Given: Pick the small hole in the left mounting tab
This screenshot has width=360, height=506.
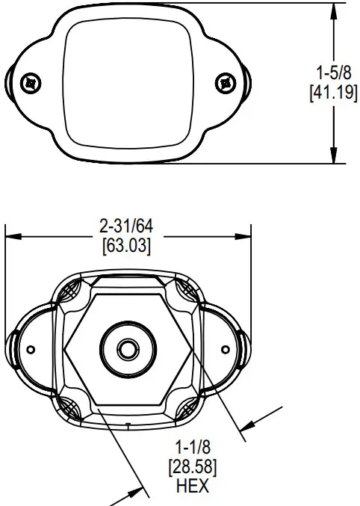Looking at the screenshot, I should [x=31, y=350].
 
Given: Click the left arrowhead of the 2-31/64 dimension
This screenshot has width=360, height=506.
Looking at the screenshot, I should [x=10, y=237].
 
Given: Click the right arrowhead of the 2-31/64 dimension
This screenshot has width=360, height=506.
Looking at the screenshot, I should [x=243, y=237].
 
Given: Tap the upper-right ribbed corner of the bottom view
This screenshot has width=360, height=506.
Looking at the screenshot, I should [x=182, y=289].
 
